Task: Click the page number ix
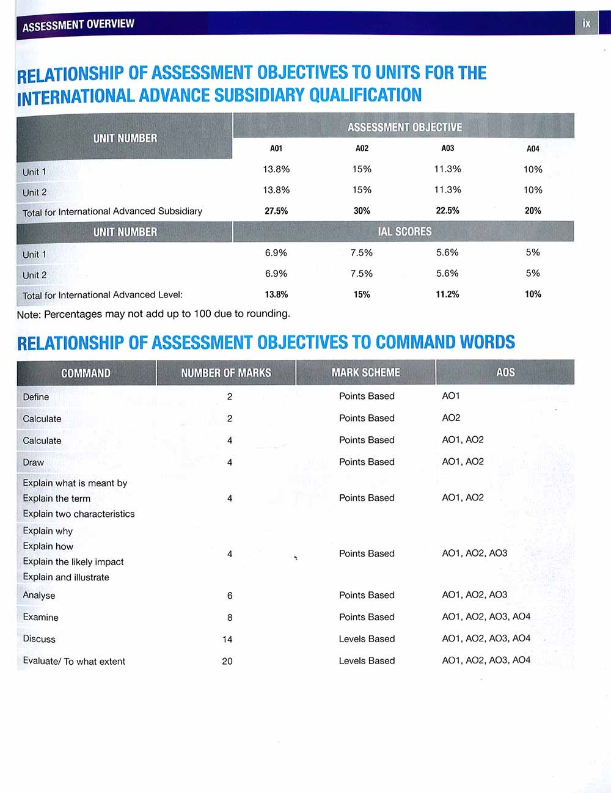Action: tap(587, 23)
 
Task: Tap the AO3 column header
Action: tap(447, 148)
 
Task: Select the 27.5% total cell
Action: tap(276, 211)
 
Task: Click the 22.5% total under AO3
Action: tap(447, 211)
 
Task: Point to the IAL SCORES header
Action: tap(404, 232)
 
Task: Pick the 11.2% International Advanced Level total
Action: tap(447, 294)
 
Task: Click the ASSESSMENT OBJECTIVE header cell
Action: tap(404, 127)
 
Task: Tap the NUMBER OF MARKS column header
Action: tap(226, 373)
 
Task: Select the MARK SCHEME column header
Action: tap(365, 372)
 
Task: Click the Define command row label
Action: tap(36, 397)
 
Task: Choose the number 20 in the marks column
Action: tap(227, 661)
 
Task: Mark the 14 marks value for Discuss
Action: tap(227, 639)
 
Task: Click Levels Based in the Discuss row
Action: tap(367, 639)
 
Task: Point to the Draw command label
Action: tap(34, 462)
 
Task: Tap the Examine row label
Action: tap(41, 617)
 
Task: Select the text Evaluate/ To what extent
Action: tap(74, 661)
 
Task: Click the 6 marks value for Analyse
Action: tap(230, 596)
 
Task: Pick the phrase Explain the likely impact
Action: tap(73, 562)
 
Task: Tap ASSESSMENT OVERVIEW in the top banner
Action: tap(78, 25)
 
